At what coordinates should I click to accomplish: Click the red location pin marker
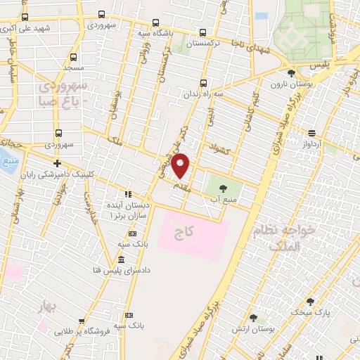tap(181, 166)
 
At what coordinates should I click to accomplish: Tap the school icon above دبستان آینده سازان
tap(127, 193)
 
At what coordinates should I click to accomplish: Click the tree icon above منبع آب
tap(223, 188)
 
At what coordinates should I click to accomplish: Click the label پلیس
tap(321, 65)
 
